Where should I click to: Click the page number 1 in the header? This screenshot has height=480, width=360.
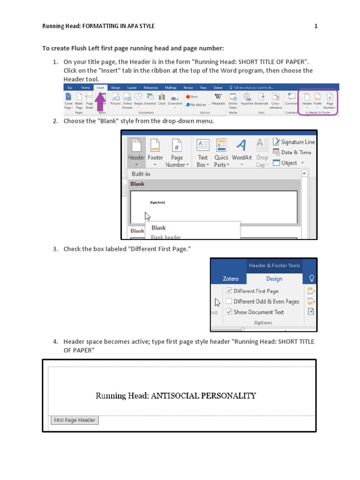(316, 26)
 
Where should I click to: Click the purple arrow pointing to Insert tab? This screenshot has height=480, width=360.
(100, 102)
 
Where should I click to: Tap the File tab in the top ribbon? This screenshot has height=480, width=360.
(69, 87)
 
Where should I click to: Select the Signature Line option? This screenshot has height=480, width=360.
(294, 142)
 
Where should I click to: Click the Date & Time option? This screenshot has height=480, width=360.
(292, 152)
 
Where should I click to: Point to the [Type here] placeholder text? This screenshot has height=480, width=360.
(157, 202)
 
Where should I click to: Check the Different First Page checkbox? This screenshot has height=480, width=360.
(229, 291)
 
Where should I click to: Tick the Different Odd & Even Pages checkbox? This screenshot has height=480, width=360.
(229, 301)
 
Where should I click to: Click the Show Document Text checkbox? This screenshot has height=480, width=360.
(229, 312)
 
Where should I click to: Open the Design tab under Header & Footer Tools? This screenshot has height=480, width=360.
(274, 278)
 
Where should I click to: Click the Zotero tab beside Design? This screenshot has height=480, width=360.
(230, 278)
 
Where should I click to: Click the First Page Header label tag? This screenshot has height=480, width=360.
(75, 420)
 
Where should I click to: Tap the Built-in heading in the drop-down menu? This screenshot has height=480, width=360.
(141, 174)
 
